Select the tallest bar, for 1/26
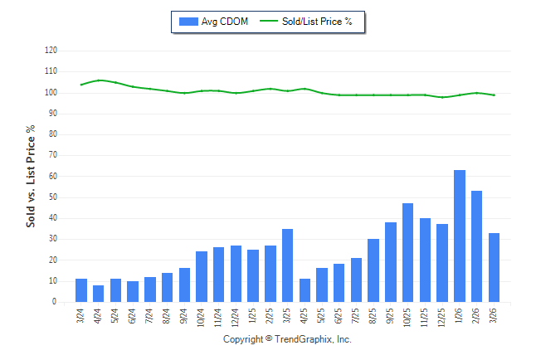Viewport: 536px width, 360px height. (460, 236)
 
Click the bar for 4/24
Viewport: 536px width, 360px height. (98, 294)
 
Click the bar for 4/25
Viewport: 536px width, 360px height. (305, 290)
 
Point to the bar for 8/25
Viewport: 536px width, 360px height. (373, 270)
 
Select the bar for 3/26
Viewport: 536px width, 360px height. (495, 268)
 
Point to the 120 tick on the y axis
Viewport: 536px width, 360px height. (51, 51)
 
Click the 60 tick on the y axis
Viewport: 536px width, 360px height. (52, 177)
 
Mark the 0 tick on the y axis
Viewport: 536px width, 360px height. (55, 303)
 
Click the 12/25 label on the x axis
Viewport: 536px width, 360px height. (442, 318)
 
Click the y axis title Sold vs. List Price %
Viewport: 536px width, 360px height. (32, 176)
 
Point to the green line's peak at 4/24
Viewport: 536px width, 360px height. (98, 80)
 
